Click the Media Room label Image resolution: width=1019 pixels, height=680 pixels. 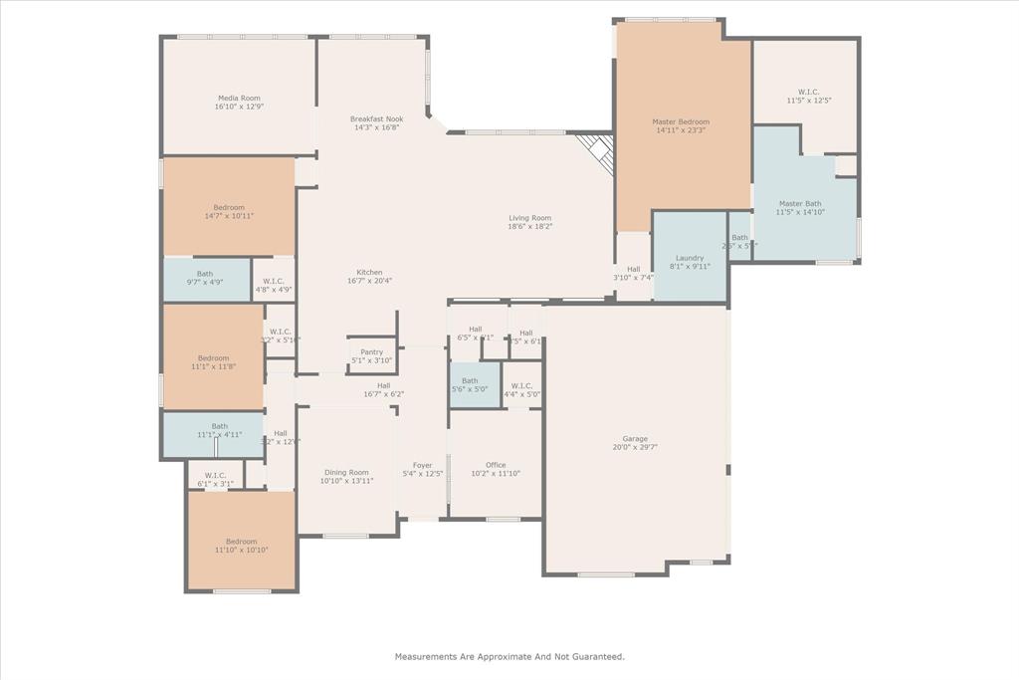click(239, 98)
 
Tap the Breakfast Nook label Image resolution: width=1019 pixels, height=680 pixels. click(376, 118)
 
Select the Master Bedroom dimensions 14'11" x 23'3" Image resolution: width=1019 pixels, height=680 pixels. click(681, 130)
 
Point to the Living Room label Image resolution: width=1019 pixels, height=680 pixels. click(529, 218)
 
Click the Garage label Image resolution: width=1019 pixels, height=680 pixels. click(635, 439)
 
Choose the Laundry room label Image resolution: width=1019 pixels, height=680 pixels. click(690, 258)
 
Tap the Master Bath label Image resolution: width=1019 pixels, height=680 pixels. click(800, 203)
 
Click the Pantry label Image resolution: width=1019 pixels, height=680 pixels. click(371, 351)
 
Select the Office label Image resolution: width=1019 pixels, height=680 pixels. click(496, 465)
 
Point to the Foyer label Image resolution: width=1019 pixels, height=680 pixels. click(423, 465)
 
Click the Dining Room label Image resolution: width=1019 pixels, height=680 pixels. click(346, 473)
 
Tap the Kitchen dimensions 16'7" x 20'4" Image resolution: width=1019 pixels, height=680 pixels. click(369, 281)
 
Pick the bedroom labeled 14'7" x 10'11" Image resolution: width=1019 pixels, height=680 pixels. click(229, 212)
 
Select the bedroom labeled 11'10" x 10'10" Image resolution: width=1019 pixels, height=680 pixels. click(241, 546)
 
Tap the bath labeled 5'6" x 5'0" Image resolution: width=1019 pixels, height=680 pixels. click(470, 386)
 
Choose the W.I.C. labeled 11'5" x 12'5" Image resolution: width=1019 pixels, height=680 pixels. click(808, 96)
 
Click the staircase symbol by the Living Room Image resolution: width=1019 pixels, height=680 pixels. click(597, 152)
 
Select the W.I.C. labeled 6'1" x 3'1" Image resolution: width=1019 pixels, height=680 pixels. click(215, 479)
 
